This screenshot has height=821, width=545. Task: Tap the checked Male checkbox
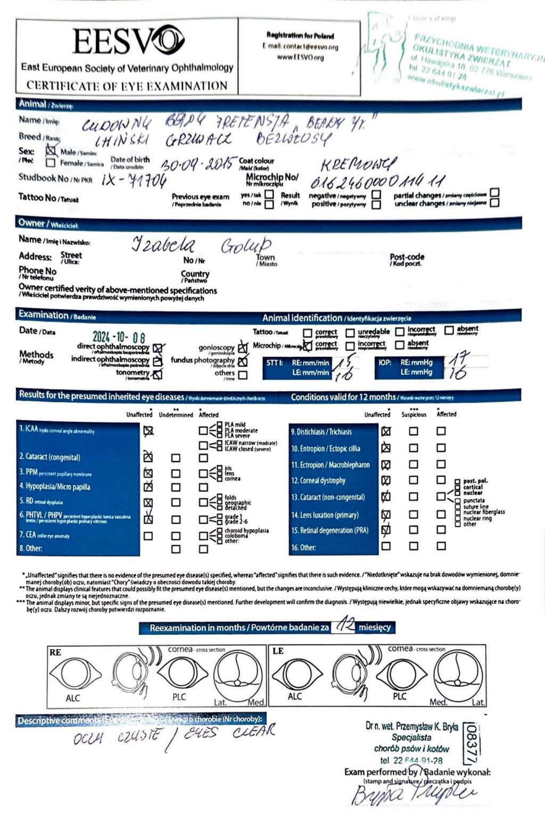tap(51, 151)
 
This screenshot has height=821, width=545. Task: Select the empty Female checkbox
tap(51, 163)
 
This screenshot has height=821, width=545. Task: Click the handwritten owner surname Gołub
tap(246, 245)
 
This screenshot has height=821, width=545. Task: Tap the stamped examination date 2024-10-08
tap(119, 337)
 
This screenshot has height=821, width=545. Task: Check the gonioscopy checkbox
tap(243, 348)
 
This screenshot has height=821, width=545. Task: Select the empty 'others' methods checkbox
tap(243, 375)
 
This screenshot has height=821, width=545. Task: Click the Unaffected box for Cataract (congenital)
tap(148, 457)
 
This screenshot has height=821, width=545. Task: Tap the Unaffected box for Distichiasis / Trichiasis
tap(386, 431)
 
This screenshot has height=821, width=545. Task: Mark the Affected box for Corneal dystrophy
tap(441, 480)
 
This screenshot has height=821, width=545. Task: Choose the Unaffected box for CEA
tap(148, 536)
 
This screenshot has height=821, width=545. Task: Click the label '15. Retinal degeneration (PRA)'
tap(330, 530)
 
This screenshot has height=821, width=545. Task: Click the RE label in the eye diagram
tap(55, 652)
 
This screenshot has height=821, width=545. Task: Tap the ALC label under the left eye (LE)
tap(294, 696)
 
